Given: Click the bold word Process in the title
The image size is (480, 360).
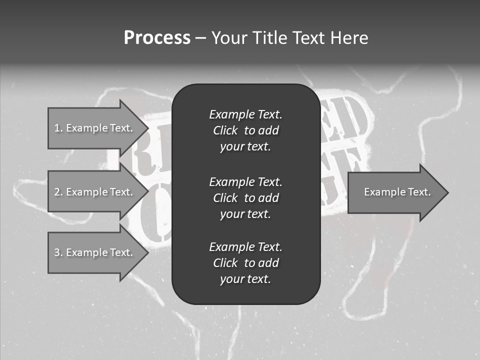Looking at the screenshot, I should [157, 38].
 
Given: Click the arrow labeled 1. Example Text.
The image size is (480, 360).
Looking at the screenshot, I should [95, 128].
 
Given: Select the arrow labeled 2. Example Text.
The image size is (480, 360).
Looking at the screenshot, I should [95, 192].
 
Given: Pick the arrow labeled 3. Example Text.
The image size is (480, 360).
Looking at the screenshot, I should [95, 252].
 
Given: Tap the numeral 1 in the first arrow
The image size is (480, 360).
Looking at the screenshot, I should [57, 128].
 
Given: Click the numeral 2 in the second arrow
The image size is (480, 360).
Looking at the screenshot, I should [57, 192].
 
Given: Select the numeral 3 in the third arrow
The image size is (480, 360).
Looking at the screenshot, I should [57, 252].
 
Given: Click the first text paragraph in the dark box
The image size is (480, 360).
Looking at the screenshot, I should [245, 130].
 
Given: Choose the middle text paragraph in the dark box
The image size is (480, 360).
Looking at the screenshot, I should [245, 197].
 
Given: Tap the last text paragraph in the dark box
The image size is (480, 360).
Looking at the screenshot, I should [245, 263].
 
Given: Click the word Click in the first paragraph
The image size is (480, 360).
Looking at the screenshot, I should [225, 130].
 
